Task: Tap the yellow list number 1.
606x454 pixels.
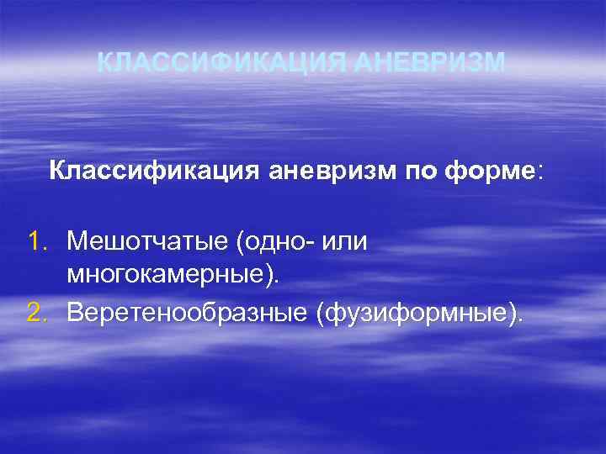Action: (35, 242)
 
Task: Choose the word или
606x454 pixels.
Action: (345, 242)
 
